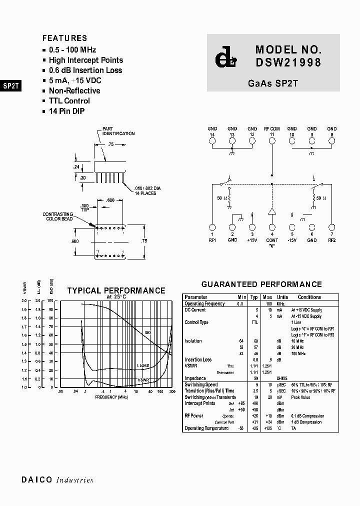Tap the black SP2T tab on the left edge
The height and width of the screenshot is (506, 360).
(10, 85)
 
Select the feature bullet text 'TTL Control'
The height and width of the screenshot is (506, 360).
(69, 101)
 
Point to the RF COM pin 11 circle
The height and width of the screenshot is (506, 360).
(272, 141)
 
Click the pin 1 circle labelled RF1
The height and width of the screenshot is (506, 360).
(212, 226)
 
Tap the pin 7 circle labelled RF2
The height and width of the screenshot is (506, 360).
(332, 226)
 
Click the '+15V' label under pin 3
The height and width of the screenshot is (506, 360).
(252, 240)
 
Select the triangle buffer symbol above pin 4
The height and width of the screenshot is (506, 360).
(272, 210)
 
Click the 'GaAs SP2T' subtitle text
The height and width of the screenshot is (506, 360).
(272, 83)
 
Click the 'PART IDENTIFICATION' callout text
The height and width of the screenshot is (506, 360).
(118, 131)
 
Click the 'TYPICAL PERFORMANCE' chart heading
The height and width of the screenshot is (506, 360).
(116, 290)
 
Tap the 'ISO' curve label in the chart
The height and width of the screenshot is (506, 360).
(147, 332)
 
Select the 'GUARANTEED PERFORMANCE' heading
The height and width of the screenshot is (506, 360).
(261, 284)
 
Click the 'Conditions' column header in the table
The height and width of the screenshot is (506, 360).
(309, 297)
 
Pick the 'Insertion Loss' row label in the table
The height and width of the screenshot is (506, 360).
(198, 359)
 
